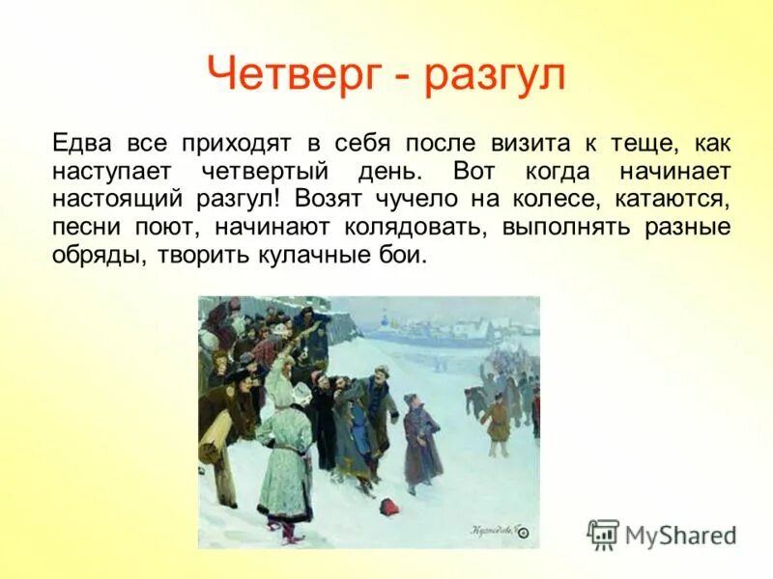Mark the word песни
pos(83,229)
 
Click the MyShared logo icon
pos(603,534)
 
